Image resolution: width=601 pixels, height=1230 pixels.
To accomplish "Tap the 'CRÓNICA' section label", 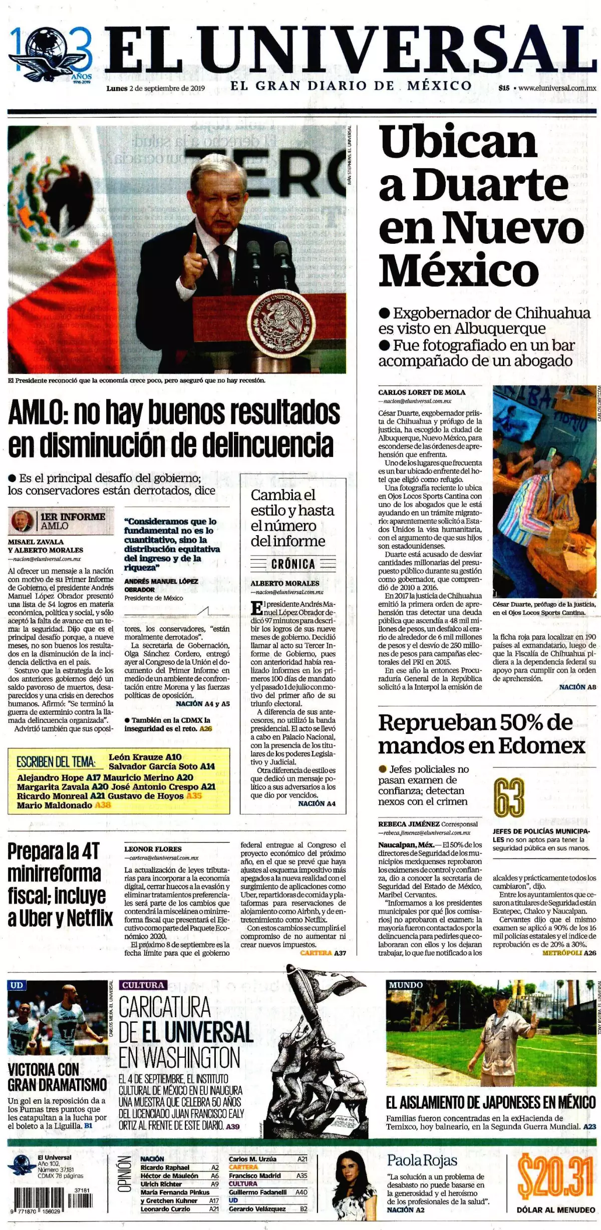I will pos(293,564).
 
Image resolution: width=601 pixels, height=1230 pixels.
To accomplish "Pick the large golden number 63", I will pos(509,797).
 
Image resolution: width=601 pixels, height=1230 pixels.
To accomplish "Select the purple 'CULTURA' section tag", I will pos(143,985).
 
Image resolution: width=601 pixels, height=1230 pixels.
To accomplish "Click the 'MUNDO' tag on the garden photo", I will pos(406,985).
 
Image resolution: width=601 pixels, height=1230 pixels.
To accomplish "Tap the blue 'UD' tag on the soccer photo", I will pos(17,985).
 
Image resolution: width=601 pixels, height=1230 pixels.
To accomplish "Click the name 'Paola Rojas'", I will pos(422,1160).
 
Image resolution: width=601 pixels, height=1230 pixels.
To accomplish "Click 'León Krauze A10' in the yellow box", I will pos(145,757).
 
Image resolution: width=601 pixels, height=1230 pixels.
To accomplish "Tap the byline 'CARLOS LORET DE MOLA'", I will pos(422,392).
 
